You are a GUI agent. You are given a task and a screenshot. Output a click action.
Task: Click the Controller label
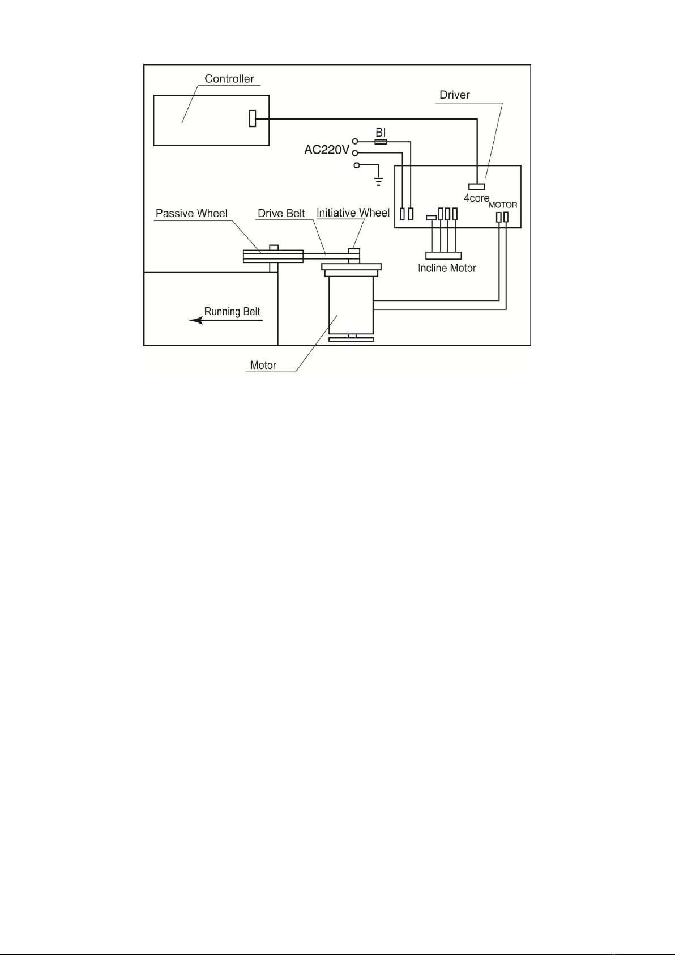229,78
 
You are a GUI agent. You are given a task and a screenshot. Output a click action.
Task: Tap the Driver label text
454,95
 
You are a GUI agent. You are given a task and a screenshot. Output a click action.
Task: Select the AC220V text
327,150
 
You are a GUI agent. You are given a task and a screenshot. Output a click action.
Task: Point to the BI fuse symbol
381,142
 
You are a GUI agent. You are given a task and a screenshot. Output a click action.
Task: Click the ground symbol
378,181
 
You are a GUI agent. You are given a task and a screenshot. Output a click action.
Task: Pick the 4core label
477,198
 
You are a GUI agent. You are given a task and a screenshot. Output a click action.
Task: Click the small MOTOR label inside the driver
503,205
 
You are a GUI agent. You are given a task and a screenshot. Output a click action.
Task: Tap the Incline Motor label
447,268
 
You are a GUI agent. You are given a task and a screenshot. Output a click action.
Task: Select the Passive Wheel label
191,213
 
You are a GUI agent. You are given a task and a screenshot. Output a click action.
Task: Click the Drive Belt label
281,213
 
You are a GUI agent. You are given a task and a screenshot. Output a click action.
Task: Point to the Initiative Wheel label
353,213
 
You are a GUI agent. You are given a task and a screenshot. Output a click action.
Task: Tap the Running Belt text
232,312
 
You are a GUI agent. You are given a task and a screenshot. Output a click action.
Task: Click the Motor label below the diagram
263,366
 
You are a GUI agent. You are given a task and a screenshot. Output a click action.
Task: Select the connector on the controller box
253,118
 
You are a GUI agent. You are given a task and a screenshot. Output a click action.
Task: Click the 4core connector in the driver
477,186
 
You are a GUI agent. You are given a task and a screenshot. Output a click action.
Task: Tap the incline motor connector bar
443,256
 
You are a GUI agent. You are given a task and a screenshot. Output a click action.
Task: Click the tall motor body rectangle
351,305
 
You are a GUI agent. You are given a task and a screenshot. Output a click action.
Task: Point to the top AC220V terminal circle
354,141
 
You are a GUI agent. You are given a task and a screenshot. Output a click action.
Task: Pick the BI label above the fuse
381,132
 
